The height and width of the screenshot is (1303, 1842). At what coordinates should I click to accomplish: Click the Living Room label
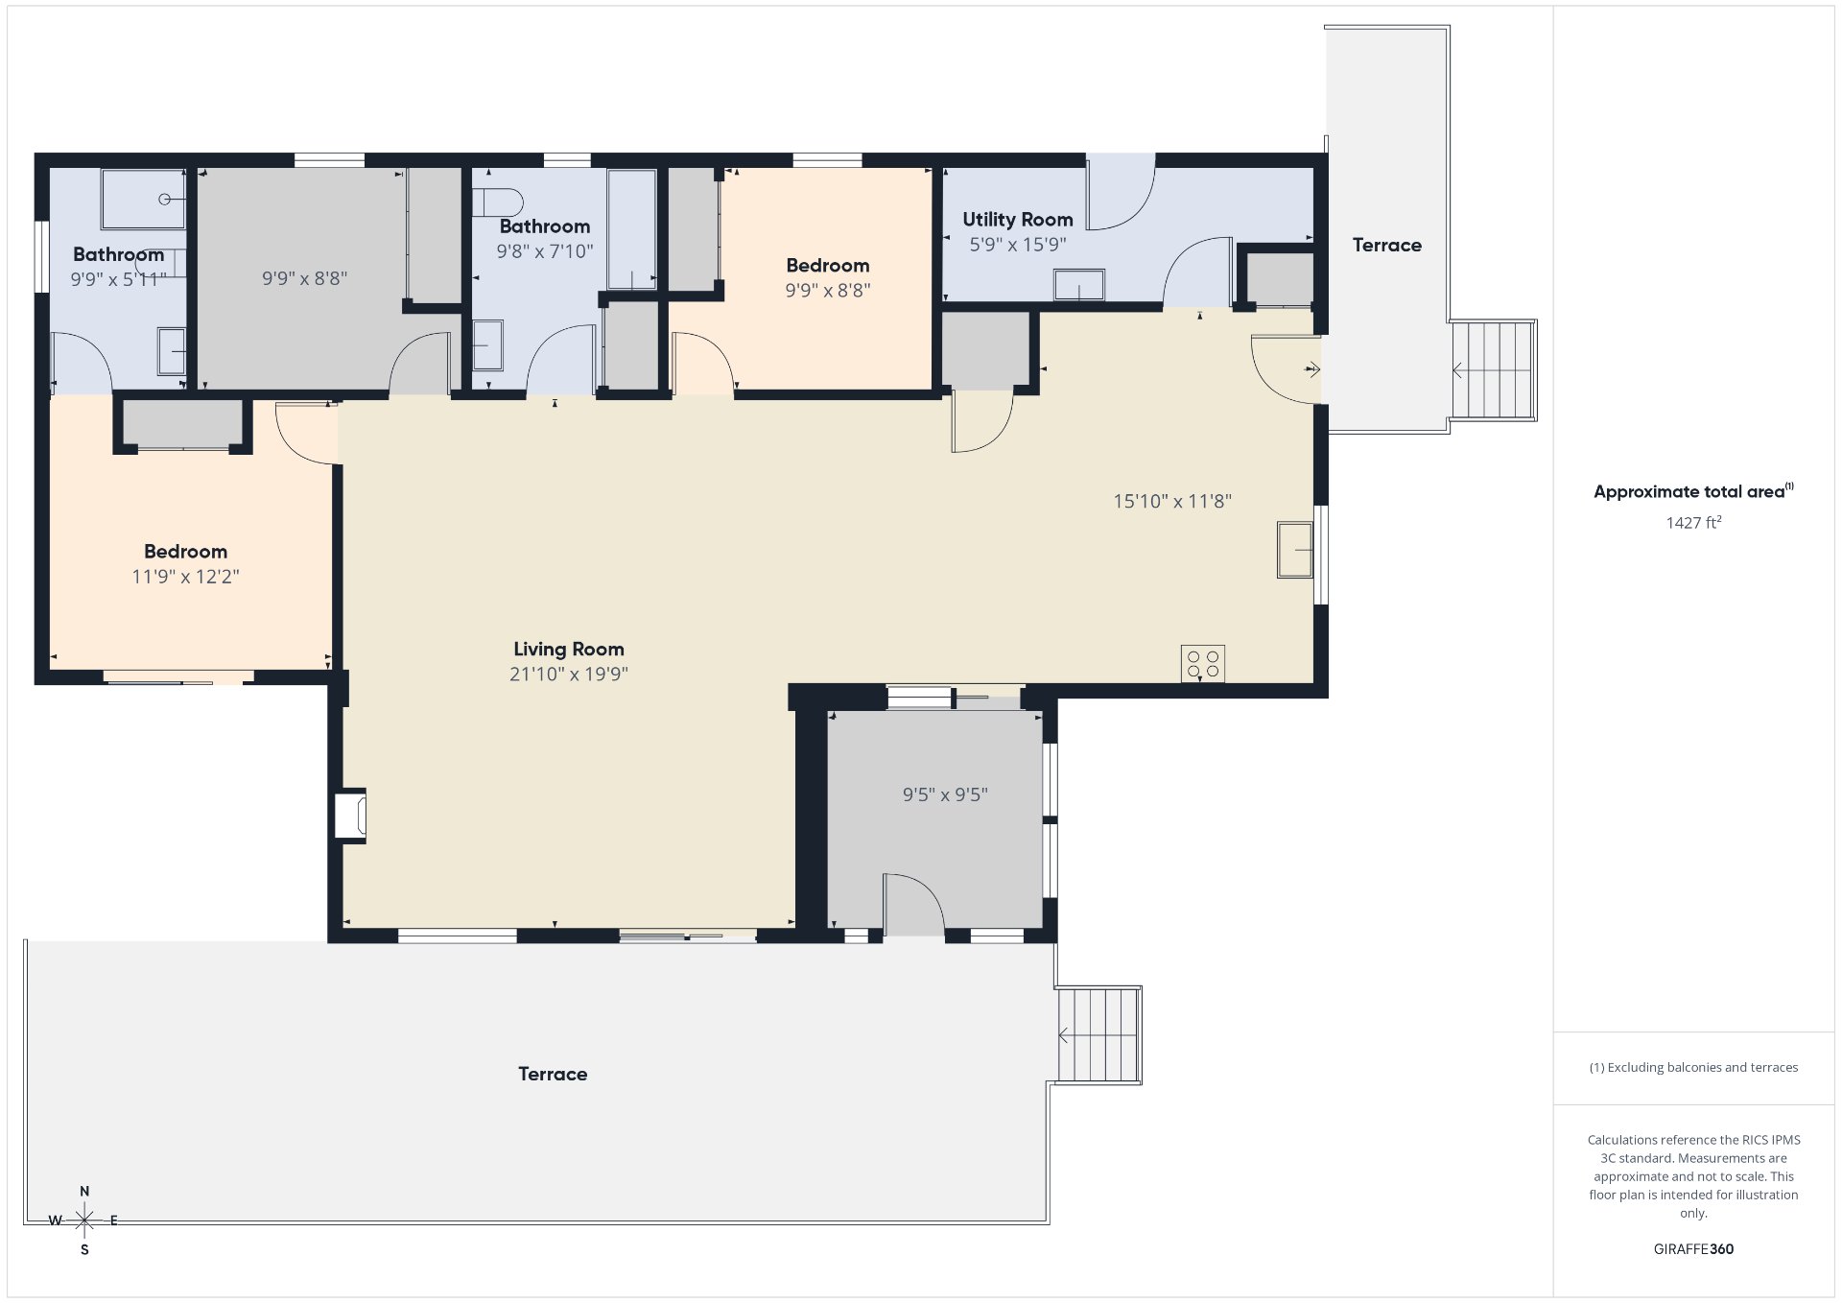point(569,650)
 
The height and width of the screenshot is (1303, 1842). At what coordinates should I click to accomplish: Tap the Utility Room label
point(1018,220)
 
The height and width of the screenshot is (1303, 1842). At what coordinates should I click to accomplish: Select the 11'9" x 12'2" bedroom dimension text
point(185,577)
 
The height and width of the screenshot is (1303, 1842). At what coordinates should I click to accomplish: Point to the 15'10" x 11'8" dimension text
point(1172,501)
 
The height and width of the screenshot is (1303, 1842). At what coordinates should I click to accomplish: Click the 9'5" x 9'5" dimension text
point(945,794)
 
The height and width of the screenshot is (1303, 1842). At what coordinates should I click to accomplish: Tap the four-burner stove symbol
point(1203,664)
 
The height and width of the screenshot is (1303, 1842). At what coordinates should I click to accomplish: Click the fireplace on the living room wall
point(350,816)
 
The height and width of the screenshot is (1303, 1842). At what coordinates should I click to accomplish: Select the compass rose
point(84,1220)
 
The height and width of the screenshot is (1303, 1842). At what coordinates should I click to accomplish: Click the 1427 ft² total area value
point(1693,523)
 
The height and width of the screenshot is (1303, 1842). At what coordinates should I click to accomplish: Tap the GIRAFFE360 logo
point(1693,1249)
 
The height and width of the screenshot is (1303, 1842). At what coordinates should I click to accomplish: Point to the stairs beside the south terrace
point(1098,1035)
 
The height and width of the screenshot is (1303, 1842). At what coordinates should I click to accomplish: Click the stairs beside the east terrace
point(1493,370)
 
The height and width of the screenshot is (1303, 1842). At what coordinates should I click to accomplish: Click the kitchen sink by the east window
point(1294,550)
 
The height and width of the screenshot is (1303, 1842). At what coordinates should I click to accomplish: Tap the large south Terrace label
point(553,1075)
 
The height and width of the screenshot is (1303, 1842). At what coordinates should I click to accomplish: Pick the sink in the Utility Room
point(1079,285)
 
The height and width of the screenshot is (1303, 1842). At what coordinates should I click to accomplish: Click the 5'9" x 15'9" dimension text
point(1018,245)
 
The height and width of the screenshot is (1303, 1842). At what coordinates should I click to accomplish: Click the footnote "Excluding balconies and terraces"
point(1693,1068)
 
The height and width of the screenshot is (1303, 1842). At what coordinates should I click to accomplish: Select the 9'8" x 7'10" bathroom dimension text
point(545,251)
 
